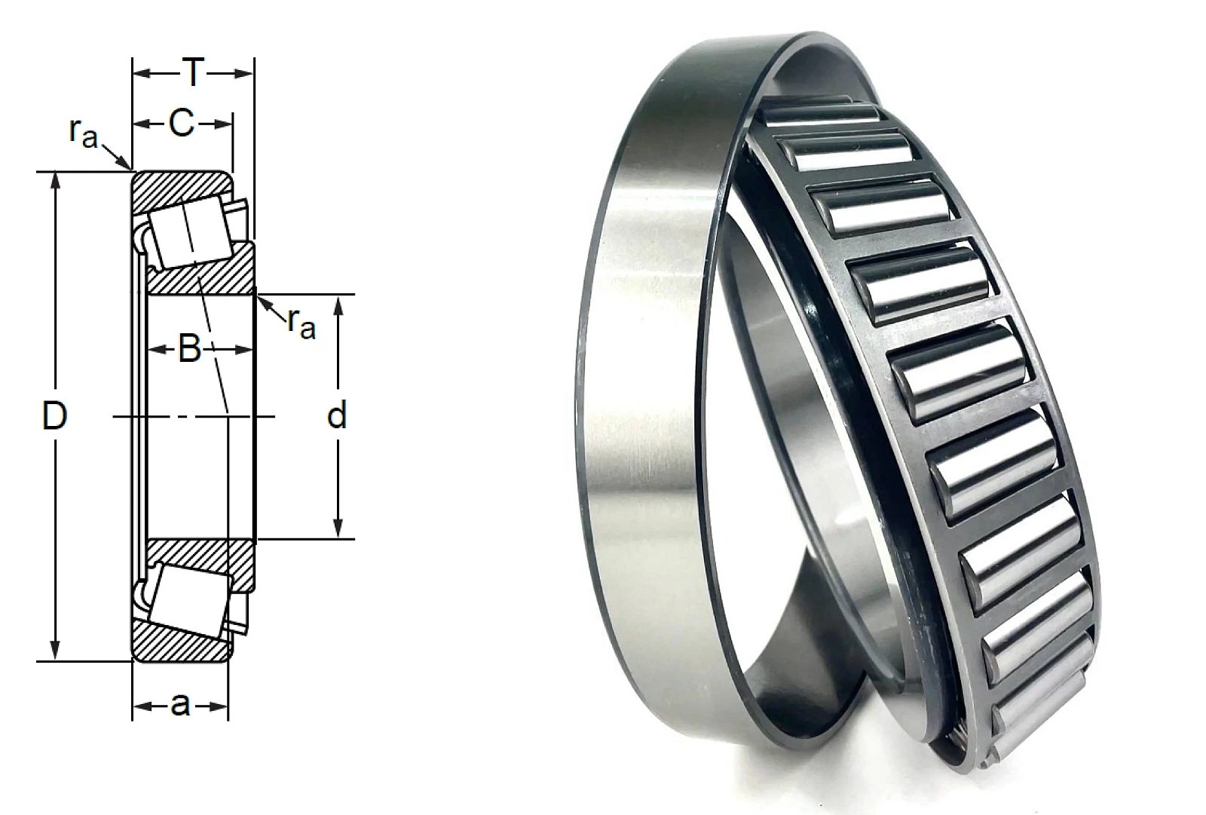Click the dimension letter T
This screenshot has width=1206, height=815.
click(193, 72)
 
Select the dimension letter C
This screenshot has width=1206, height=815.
click(182, 124)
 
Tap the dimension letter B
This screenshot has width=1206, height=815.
click(189, 349)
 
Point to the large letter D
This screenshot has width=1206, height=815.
click(54, 416)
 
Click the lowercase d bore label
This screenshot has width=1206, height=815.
click(336, 416)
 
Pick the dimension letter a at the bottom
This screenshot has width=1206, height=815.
click(180, 705)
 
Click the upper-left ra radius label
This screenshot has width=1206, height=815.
click(84, 133)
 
